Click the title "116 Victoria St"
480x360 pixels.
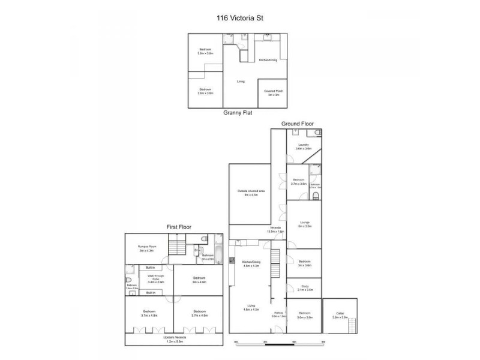tap(239, 19)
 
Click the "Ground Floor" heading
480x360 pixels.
tap(298, 124)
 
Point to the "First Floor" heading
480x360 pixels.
tap(182, 227)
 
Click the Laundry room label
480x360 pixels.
tap(303, 146)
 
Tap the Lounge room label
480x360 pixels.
tap(304, 224)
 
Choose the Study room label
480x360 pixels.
tap(305, 288)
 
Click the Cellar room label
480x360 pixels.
tap(340, 314)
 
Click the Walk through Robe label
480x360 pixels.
tap(155, 280)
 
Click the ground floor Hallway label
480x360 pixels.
tap(279, 314)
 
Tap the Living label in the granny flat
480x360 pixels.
tap(240, 81)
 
